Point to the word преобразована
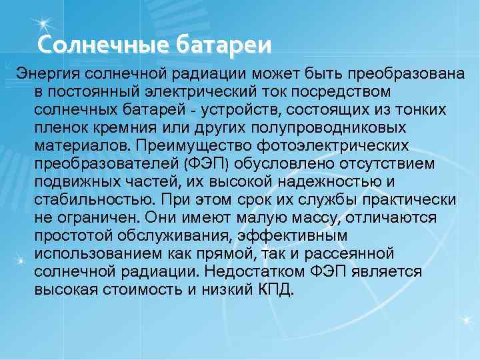tap(408, 72)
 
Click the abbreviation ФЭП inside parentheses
tap(209, 163)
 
